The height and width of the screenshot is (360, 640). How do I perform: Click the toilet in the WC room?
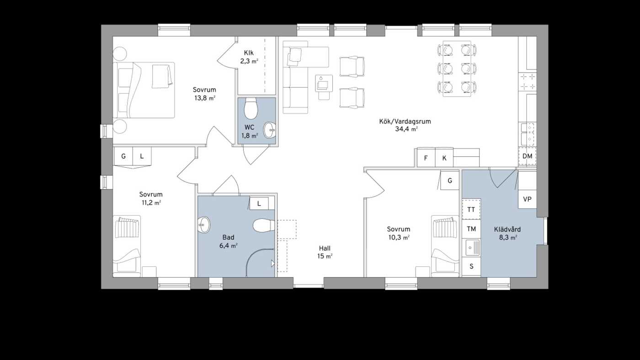251,109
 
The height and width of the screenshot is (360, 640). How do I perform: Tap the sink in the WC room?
269,130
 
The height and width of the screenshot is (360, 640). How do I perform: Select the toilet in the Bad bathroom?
264,225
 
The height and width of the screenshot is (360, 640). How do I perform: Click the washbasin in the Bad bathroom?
204,225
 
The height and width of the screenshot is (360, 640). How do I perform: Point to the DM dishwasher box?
528,156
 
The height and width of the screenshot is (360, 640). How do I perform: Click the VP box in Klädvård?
528,199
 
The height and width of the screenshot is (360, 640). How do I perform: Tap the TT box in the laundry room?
471,210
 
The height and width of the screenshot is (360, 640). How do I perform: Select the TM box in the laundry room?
471,229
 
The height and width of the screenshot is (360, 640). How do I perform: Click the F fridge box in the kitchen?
426,158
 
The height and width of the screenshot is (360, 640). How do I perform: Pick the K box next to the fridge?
444,158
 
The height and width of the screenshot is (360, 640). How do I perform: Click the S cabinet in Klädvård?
471,266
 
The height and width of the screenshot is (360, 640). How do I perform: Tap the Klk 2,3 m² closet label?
249,57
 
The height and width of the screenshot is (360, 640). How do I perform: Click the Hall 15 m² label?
325,252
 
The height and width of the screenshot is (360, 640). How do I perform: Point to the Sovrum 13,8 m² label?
204,94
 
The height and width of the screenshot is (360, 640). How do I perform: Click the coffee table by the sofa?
324,84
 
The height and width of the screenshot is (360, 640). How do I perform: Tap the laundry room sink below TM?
471,248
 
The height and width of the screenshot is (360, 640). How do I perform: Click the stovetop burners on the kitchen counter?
528,81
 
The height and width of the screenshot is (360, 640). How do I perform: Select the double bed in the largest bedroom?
144,90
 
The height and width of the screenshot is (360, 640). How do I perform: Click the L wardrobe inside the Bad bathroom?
259,204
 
